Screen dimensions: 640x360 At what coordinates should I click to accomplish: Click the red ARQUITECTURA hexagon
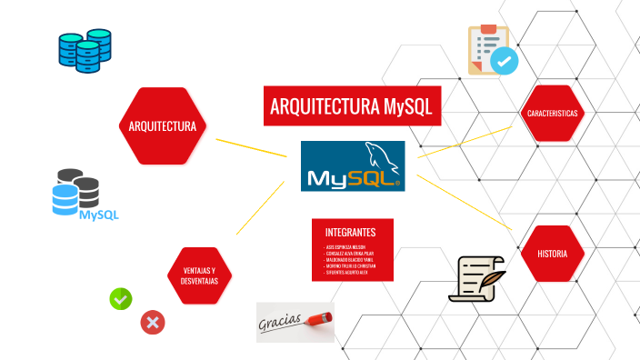[x=163, y=125]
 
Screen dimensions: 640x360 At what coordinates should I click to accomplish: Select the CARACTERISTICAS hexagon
[x=553, y=113]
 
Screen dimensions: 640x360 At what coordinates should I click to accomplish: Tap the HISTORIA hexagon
[x=552, y=254]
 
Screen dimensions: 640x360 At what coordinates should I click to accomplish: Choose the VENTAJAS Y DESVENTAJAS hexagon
[x=199, y=275]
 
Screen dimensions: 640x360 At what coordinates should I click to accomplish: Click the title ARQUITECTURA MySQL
[x=351, y=106]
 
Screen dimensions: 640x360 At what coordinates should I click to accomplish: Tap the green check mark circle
[x=121, y=297]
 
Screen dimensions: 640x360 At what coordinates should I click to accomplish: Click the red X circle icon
[x=152, y=322]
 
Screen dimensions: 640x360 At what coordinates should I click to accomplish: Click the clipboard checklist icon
[x=492, y=50]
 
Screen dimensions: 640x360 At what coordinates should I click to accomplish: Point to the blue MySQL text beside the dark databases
[x=99, y=215]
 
